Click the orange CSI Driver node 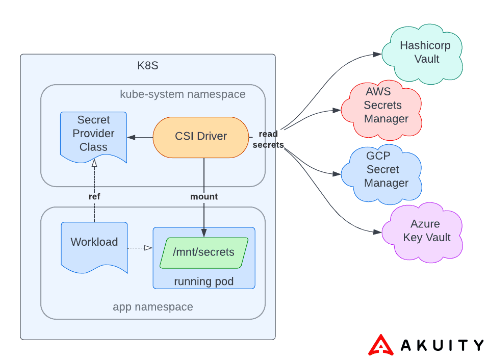tap(200, 137)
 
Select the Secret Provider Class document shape tap(93, 134)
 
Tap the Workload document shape tap(94, 243)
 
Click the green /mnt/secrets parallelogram tap(203, 252)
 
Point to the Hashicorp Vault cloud tap(425, 53)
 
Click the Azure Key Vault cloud tap(426, 231)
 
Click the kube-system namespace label tap(183, 94)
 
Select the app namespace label tap(152, 307)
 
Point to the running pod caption tap(203, 281)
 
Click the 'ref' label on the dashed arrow tap(94, 196)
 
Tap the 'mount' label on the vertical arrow tap(204, 196)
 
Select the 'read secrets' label tap(268, 139)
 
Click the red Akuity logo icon tap(381, 345)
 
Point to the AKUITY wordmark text tap(442, 345)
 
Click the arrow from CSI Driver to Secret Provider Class tap(140, 137)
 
